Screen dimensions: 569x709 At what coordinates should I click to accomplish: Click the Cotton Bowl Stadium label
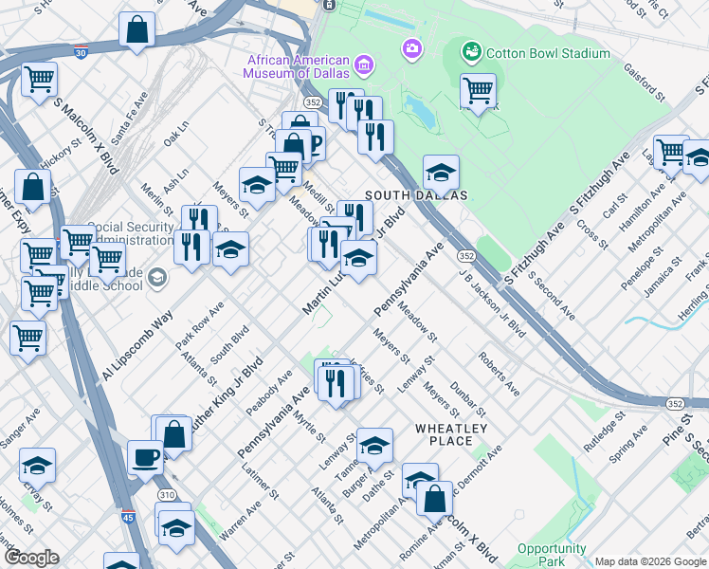pos(548,54)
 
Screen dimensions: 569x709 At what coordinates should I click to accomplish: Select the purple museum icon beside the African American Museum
pos(364,66)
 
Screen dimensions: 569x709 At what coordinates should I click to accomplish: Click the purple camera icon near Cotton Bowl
pos(411,47)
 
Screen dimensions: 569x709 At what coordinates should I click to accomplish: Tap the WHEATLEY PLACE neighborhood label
pos(451,434)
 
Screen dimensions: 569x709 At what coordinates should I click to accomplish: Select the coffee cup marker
pos(145,457)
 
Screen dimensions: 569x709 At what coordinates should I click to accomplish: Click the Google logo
pos(31,557)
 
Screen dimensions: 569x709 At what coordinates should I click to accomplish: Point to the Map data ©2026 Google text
pos(649,561)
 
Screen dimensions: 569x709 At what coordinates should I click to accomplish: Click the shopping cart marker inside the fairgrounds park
pos(478,91)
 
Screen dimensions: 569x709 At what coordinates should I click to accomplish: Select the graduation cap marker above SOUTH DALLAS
pos(440,173)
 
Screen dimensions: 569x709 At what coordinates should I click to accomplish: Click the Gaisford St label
pos(644,81)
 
